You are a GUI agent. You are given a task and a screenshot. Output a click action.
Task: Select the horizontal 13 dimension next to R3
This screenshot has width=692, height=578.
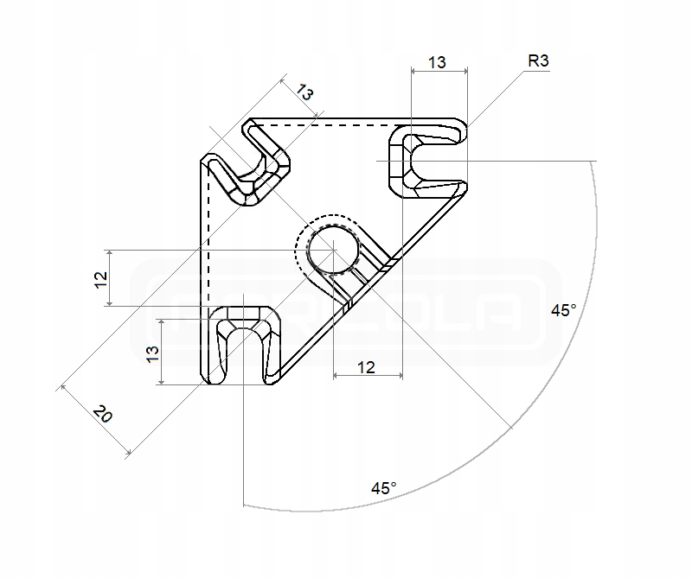(x=437, y=62)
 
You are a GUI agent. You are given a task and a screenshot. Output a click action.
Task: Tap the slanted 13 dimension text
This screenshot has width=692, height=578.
(x=304, y=92)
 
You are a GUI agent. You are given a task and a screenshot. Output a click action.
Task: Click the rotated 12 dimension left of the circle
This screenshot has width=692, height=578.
(x=100, y=278)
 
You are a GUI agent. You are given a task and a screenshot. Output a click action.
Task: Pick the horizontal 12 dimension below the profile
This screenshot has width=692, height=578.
(x=366, y=368)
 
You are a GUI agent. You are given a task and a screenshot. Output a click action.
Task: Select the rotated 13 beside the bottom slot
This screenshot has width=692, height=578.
(x=152, y=352)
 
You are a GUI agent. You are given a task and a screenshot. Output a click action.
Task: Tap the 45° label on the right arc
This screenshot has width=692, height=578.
(x=563, y=310)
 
